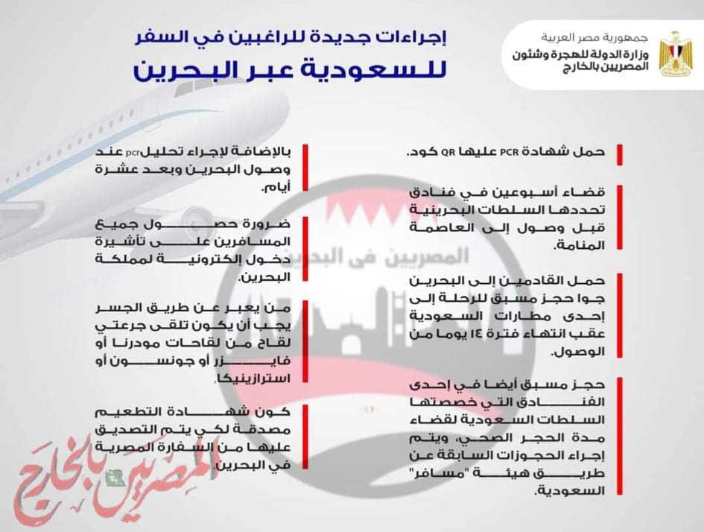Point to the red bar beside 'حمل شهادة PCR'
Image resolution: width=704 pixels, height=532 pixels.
click(619, 153)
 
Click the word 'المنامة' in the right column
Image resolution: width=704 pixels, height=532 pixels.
click(582, 243)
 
